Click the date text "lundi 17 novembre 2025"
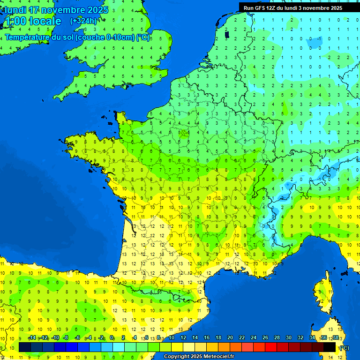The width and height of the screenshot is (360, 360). point(56,10)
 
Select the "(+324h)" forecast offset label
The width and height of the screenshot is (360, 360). point(83,21)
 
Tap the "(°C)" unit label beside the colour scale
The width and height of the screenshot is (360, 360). point(344,347)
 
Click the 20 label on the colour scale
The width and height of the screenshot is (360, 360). point(230,338)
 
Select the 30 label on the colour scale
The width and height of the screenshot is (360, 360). point(289,338)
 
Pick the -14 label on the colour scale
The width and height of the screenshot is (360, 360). point(32,338)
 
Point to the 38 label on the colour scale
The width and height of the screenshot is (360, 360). point(336,338)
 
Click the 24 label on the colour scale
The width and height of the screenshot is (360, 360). point(254,338)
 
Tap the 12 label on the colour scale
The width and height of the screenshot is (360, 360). point(183,338)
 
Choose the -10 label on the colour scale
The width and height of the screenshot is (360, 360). point(55,338)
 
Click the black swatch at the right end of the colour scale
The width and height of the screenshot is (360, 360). point(330,347)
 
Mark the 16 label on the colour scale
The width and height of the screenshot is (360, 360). point(207,338)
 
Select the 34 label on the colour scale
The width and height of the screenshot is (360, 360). point(312,338)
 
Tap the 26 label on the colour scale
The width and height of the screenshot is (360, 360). point(265,338)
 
